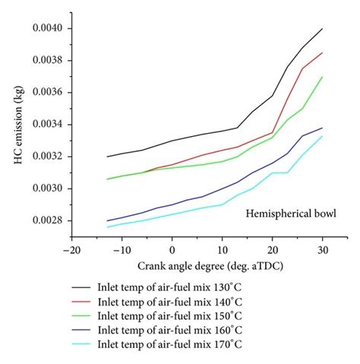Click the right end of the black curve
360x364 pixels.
pos(323,29)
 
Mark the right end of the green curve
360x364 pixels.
pos(323,77)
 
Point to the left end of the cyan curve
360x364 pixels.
pos(107,226)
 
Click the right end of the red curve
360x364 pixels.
pos(323,52)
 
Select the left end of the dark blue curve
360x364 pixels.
pos(107,220)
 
